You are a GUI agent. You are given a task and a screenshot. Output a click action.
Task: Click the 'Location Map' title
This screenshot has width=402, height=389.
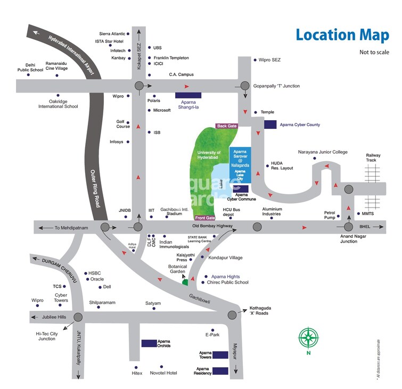[342, 35]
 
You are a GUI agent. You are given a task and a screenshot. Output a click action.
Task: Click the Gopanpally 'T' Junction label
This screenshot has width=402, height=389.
[276, 86]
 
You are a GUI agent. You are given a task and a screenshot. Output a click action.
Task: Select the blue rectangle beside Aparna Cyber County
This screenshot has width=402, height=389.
[270, 125]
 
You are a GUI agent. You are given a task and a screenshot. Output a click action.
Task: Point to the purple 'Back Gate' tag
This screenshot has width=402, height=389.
[226, 126]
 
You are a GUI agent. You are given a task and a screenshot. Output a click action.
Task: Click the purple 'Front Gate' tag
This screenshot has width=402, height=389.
[205, 218]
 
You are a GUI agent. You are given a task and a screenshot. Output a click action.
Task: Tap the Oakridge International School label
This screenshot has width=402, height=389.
[58, 104]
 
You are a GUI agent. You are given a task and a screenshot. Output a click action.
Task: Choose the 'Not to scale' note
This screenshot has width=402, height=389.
[374, 52]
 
